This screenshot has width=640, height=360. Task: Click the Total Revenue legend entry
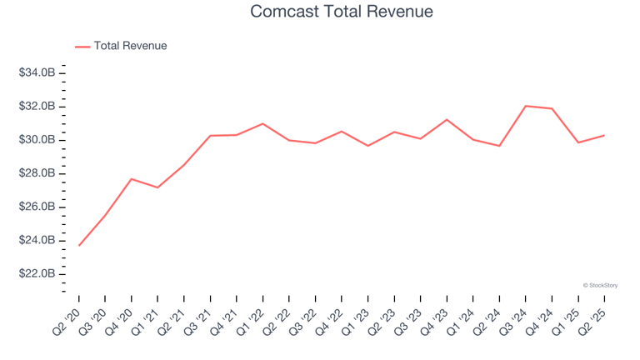point(130,46)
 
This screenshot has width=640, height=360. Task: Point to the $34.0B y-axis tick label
point(37,73)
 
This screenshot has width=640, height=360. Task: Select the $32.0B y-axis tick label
point(37,107)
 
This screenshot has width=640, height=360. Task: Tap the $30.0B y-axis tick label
point(37,140)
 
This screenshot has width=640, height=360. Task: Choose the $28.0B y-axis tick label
point(37,173)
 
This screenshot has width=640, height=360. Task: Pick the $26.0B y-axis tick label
point(37,207)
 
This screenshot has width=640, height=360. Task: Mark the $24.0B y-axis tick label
point(37,240)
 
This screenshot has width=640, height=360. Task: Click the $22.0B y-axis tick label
point(37,273)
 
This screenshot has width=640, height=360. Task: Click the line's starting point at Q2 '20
point(79,245)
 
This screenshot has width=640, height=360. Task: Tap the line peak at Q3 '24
point(526,106)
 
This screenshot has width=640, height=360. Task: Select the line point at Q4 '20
point(132,179)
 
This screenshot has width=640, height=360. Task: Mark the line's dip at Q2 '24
point(499,146)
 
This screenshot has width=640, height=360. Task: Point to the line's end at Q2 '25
point(604,135)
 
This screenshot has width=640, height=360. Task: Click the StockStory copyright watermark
point(600,285)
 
